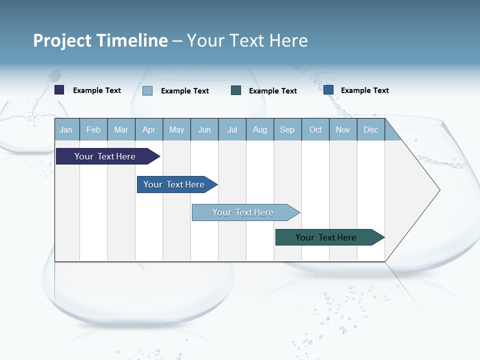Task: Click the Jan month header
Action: tap(66, 130)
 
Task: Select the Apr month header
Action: tap(149, 130)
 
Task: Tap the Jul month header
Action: tap(232, 130)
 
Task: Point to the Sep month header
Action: tap(287, 130)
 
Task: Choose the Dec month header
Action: tap(370, 130)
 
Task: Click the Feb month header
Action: tap(93, 130)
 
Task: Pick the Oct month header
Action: tap(315, 130)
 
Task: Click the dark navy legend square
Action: tap(59, 90)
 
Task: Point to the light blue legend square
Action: tap(147, 90)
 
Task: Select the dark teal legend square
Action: tap(236, 90)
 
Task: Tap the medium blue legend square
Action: tap(328, 90)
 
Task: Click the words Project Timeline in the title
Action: tap(100, 40)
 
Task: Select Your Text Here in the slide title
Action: tap(247, 40)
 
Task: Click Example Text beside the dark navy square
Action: tap(97, 90)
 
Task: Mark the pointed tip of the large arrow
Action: tap(439, 190)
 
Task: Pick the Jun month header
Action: tap(204, 130)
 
